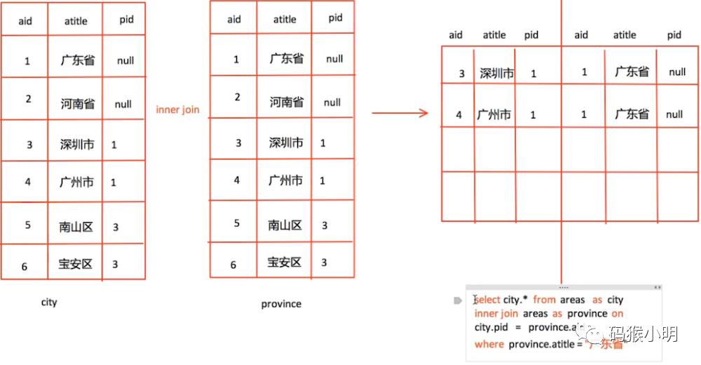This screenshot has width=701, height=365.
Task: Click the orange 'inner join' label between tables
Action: [x=177, y=110]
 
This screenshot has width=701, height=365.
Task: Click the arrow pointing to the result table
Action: [x=400, y=112]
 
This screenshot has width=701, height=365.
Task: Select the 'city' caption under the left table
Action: [x=49, y=303]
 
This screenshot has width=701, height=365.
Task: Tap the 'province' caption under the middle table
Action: [x=281, y=304]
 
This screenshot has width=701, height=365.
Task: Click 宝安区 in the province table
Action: [x=285, y=263]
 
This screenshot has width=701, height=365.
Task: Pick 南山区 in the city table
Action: [x=76, y=227]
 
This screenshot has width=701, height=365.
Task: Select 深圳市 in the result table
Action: [x=496, y=74]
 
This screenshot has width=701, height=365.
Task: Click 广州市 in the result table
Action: [x=494, y=115]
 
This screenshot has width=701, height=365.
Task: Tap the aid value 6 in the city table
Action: [x=25, y=266]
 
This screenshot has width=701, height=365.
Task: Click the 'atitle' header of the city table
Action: [x=76, y=21]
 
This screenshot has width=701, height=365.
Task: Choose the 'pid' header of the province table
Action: [x=335, y=18]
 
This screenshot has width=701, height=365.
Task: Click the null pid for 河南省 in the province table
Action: [x=332, y=102]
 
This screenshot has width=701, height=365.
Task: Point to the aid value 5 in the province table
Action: [x=237, y=223]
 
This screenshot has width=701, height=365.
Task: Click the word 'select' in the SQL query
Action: [x=488, y=300]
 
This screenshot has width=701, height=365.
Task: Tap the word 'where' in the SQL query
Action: [x=489, y=344]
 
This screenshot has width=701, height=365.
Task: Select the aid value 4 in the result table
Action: [x=459, y=115]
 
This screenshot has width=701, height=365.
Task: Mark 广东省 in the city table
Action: [x=77, y=61]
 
